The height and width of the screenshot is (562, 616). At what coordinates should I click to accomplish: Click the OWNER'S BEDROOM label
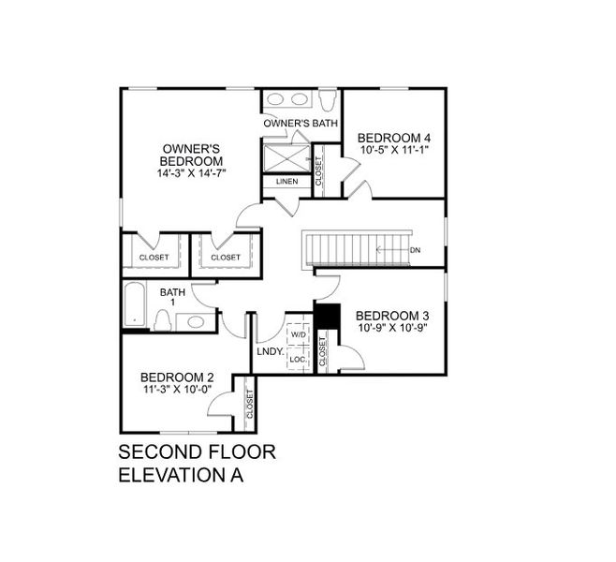pyautogui.click(x=192, y=155)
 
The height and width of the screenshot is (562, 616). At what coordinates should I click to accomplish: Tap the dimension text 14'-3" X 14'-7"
pyautogui.click(x=192, y=173)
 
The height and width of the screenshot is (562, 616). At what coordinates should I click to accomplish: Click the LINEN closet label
pyautogui.click(x=286, y=181)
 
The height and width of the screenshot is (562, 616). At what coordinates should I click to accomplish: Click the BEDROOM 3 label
pyautogui.click(x=392, y=315)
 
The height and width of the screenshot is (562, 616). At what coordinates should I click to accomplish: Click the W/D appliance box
pyautogui.click(x=299, y=334)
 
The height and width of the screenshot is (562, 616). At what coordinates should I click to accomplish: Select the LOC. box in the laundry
pyautogui.click(x=298, y=358)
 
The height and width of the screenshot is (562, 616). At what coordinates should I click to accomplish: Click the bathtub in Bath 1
pyautogui.click(x=134, y=307)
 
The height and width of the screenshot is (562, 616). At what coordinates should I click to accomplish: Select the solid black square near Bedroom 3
pyautogui.click(x=325, y=316)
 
